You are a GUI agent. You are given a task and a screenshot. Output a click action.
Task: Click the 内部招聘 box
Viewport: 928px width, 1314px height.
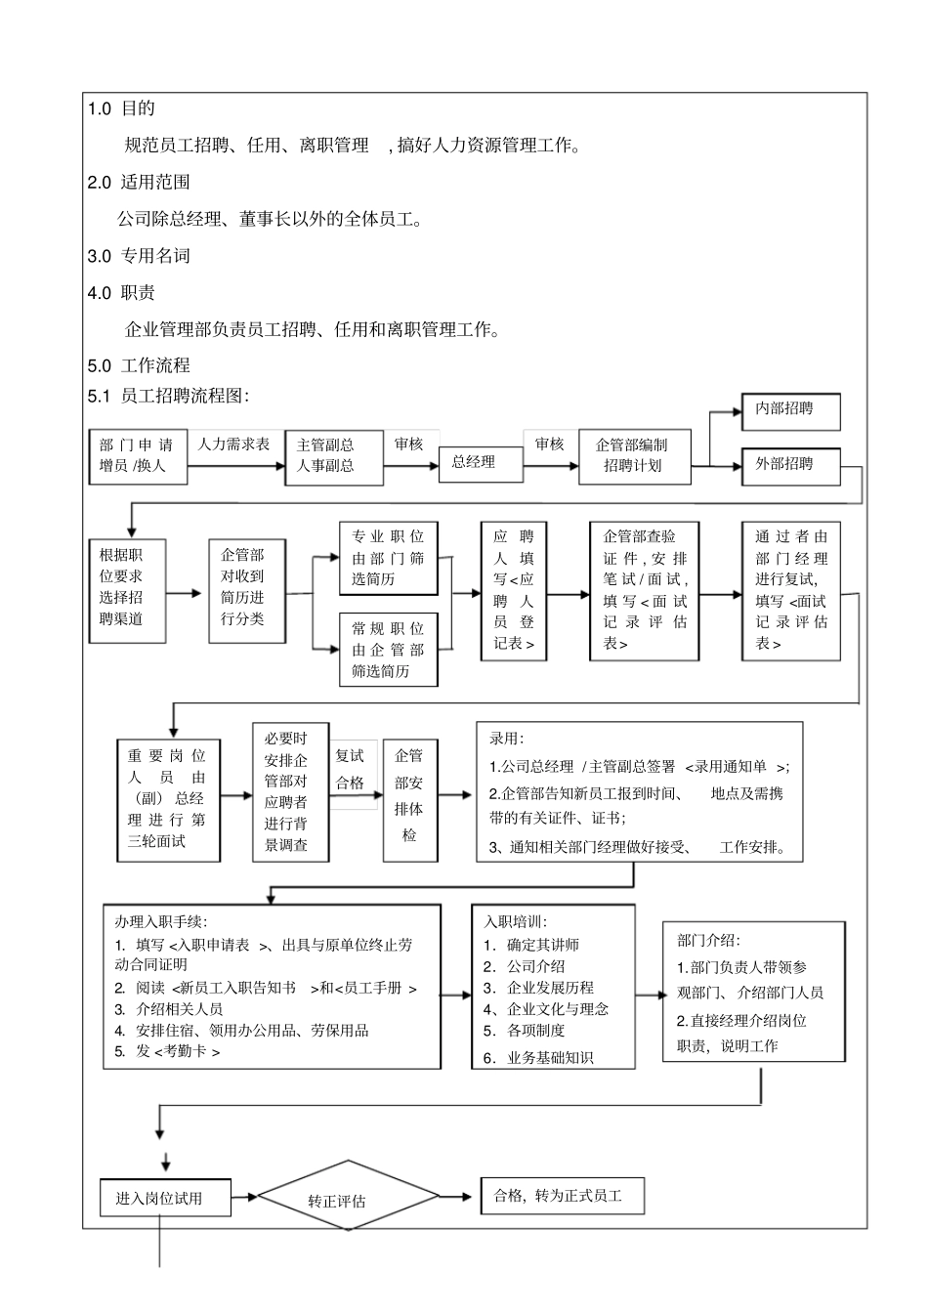(790, 410)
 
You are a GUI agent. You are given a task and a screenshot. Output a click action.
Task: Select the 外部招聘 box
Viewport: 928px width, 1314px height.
(790, 464)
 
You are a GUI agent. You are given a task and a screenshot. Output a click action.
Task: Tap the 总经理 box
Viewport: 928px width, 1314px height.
(473, 463)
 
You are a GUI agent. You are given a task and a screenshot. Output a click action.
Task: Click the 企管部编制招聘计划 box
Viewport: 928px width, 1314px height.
(634, 456)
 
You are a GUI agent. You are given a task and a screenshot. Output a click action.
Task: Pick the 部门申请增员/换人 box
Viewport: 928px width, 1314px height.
(137, 456)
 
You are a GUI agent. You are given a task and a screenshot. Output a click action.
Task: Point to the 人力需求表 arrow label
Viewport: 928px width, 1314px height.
(234, 445)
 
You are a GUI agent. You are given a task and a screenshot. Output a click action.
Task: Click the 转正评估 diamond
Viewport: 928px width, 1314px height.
(337, 1200)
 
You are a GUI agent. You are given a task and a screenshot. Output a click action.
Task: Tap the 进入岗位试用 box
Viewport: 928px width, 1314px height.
(165, 1198)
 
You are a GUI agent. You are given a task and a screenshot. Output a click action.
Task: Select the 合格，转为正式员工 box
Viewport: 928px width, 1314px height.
(561, 1196)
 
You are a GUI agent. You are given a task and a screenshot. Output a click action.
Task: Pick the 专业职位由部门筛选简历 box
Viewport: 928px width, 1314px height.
(388, 558)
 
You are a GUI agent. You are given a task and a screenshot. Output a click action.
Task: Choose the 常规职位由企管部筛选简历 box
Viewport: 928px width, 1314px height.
(388, 650)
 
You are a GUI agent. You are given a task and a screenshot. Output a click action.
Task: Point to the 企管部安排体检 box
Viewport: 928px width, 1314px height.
(409, 796)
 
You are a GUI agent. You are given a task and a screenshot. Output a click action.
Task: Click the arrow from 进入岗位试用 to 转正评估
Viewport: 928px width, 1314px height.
(245, 1196)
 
